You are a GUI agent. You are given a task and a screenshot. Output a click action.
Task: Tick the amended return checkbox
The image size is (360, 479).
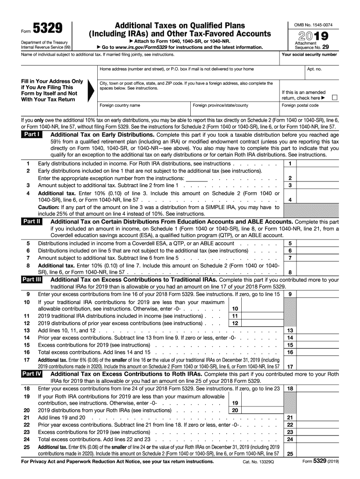point(334,98)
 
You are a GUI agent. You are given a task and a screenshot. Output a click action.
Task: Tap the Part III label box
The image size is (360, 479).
point(32,280)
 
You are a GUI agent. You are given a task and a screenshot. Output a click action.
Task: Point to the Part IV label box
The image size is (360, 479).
point(32,374)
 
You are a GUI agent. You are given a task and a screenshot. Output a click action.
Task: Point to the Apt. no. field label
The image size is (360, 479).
point(314,69)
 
